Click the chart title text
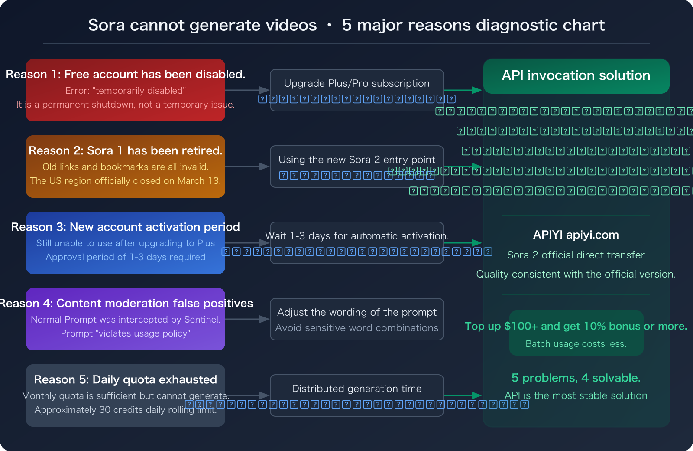coord(346,25)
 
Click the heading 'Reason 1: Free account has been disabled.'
coord(126,75)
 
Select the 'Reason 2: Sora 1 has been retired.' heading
coord(126,151)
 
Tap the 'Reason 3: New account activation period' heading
coord(126,227)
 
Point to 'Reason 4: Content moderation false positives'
coord(126,304)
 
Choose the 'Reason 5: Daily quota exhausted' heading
coord(126,380)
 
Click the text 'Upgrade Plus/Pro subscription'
coord(357,83)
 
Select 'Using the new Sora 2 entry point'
coord(357,160)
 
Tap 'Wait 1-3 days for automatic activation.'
coord(357,236)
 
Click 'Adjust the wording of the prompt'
coord(357,312)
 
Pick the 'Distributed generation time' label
coord(357,389)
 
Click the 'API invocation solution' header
coord(576,75)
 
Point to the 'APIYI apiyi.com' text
coord(576,235)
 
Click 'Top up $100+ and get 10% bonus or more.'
coord(576,326)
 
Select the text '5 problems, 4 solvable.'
coord(576,378)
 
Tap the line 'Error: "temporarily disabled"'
coord(126,91)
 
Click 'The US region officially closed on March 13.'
coord(126,181)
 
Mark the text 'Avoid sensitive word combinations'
coord(357,328)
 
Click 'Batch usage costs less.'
coord(576,344)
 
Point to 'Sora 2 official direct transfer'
coord(576,255)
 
